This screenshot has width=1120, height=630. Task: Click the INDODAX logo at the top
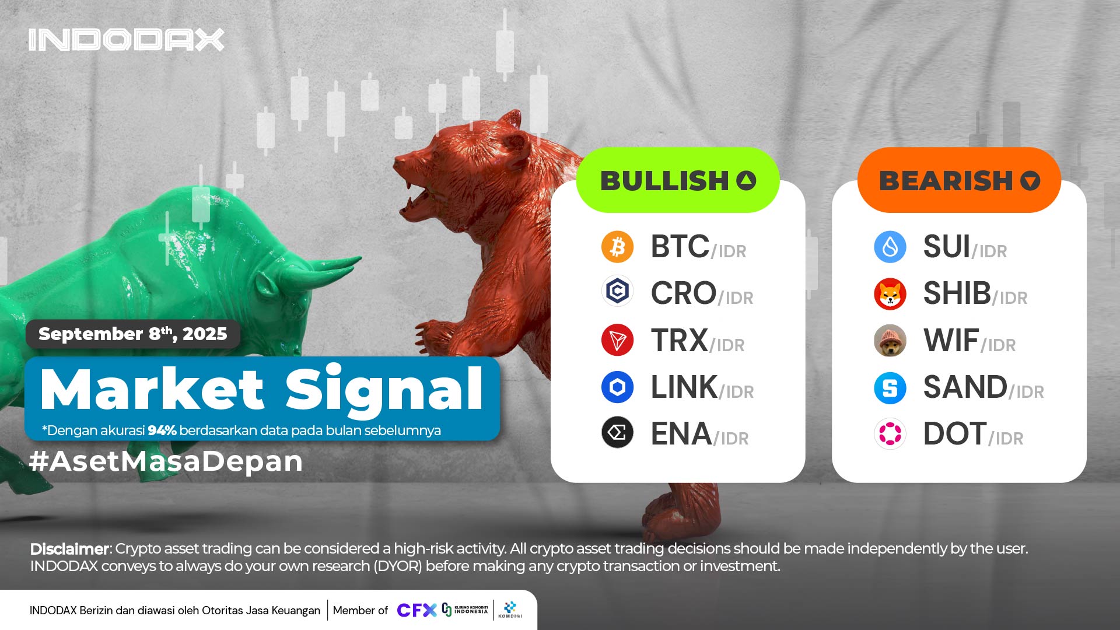pyautogui.click(x=126, y=40)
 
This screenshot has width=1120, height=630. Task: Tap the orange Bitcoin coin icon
pyautogui.click(x=617, y=247)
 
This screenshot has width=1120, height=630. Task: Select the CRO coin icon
pyautogui.click(x=617, y=290)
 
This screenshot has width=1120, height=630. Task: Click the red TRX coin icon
pyautogui.click(x=617, y=340)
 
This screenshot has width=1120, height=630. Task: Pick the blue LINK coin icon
pyautogui.click(x=617, y=387)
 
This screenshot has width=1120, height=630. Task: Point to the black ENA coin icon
pyautogui.click(x=617, y=433)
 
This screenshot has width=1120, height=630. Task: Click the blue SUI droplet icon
pyautogui.click(x=890, y=247)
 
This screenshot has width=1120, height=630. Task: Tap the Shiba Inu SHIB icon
pyautogui.click(x=890, y=293)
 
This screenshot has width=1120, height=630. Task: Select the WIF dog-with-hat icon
pyautogui.click(x=890, y=341)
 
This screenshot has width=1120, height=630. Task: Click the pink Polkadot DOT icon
pyautogui.click(x=890, y=434)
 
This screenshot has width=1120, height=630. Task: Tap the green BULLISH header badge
pyautogui.click(x=678, y=180)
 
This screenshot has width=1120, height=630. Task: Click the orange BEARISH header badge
pyautogui.click(x=959, y=180)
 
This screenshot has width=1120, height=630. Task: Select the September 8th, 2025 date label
pyautogui.click(x=133, y=334)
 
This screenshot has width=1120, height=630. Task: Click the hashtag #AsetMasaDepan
pyautogui.click(x=166, y=461)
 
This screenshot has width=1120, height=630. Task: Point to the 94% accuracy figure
pyautogui.click(x=162, y=430)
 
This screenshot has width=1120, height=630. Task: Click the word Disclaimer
pyautogui.click(x=69, y=549)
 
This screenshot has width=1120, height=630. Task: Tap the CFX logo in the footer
pyautogui.click(x=416, y=610)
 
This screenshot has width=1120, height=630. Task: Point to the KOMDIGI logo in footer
pyautogui.click(x=510, y=610)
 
